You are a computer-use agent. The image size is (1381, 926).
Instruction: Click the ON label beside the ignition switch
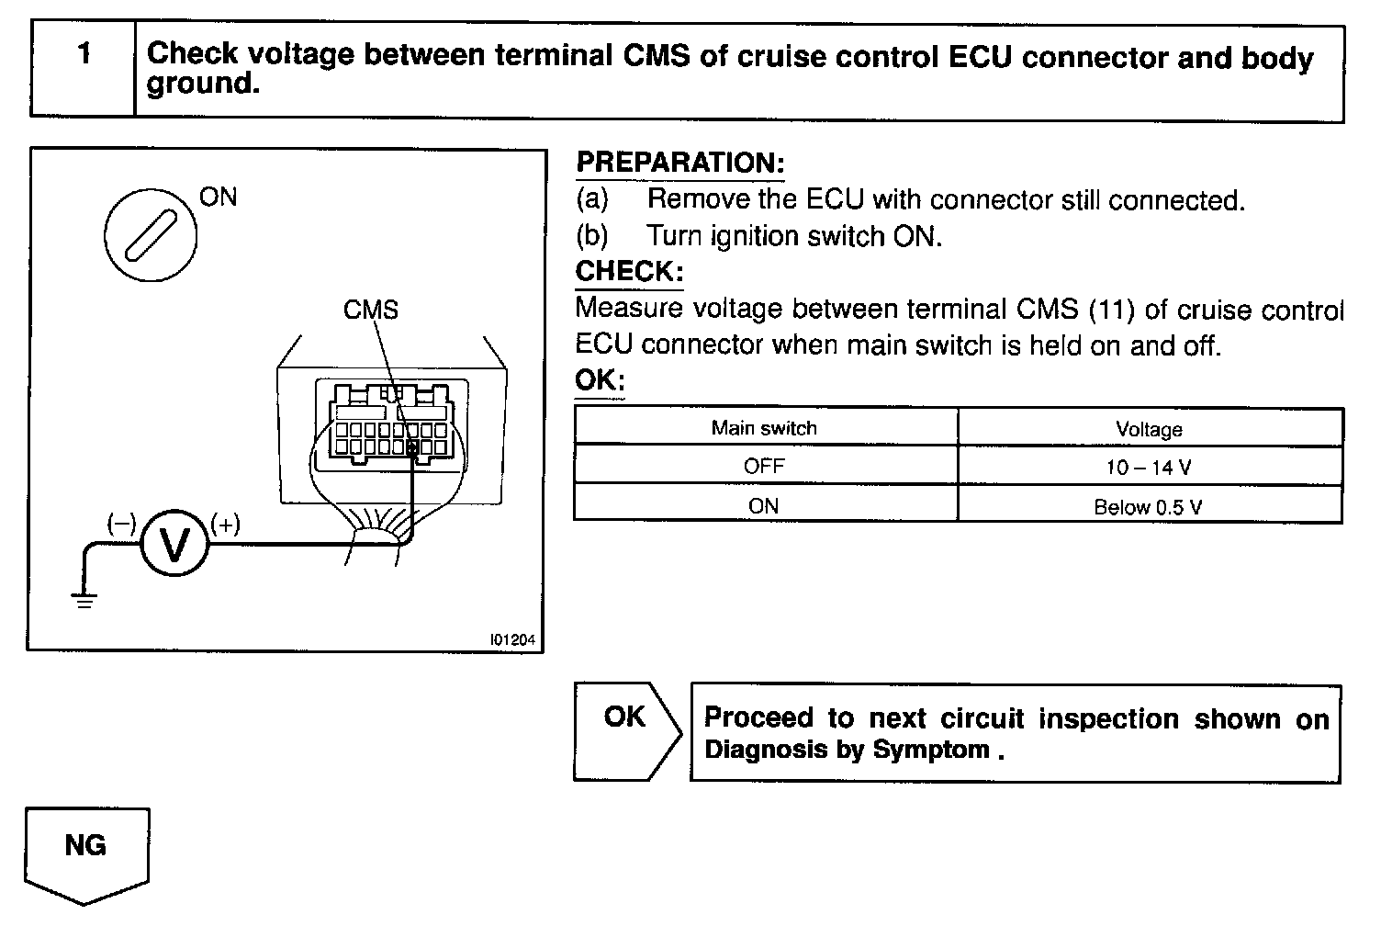218,197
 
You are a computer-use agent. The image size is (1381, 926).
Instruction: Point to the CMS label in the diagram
371,310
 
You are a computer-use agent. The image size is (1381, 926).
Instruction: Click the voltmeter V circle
174,544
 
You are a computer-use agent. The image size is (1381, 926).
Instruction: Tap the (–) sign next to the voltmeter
121,524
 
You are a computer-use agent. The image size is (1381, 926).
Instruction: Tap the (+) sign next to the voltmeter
226,524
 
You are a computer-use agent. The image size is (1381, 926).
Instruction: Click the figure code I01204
512,639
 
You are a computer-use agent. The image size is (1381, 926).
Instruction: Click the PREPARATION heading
679,164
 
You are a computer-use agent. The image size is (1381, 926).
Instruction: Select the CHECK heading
629,272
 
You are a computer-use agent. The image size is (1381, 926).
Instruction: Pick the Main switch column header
764,428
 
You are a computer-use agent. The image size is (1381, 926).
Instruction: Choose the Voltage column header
1149,429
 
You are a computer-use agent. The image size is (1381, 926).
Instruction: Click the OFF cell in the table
764,467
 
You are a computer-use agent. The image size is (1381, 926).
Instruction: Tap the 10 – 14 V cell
1149,468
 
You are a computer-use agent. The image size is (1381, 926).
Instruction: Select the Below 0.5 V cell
1149,507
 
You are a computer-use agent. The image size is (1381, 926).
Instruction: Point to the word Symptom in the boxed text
931,750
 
